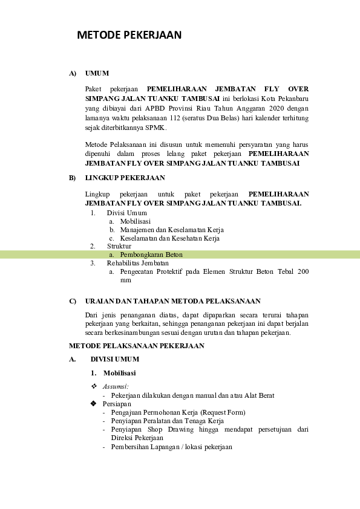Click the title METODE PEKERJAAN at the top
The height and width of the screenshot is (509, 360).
(129, 36)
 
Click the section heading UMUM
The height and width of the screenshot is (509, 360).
(97, 73)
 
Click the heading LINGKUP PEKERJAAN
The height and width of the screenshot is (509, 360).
(125, 178)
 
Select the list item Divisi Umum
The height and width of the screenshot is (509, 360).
(126, 213)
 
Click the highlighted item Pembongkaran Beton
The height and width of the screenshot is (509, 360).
(151, 254)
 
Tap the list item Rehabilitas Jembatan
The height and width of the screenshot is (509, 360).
(138, 263)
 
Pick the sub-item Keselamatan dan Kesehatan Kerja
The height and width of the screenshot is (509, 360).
(169, 238)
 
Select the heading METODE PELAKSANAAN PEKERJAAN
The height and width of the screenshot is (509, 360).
(137, 346)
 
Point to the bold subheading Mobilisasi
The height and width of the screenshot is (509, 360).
(119, 373)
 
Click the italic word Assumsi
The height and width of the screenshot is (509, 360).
(116, 386)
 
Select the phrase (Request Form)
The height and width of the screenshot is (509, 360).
(219, 412)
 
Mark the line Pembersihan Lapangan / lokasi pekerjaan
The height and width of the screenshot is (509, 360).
(171, 447)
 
